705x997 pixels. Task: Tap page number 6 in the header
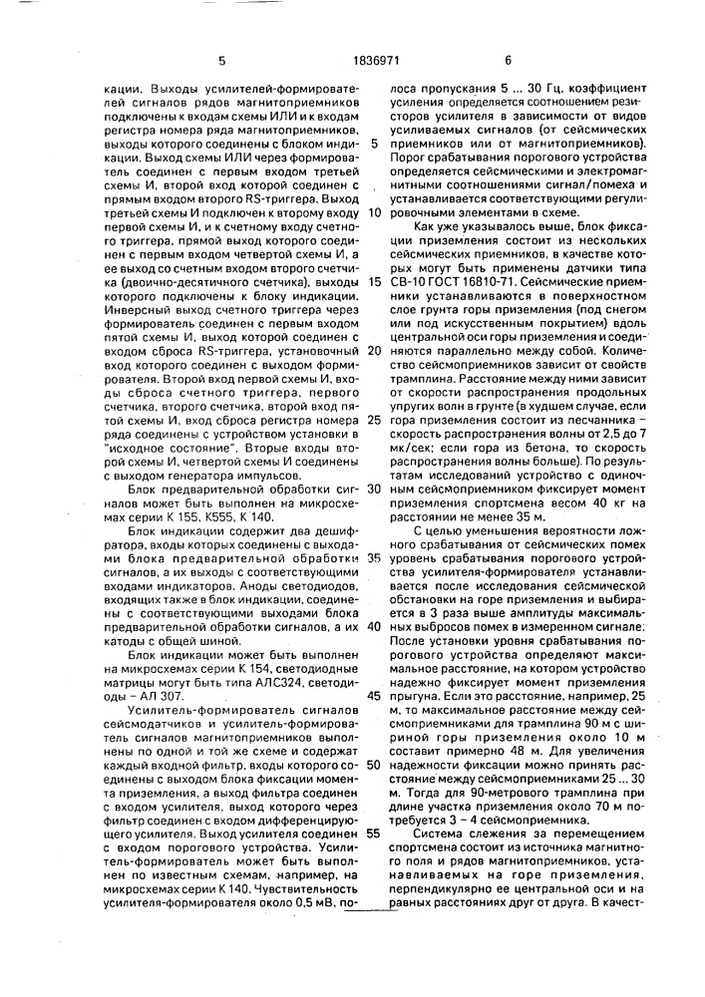(x=509, y=60)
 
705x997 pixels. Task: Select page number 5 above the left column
(x=221, y=60)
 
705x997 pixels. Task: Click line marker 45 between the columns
(x=375, y=693)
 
